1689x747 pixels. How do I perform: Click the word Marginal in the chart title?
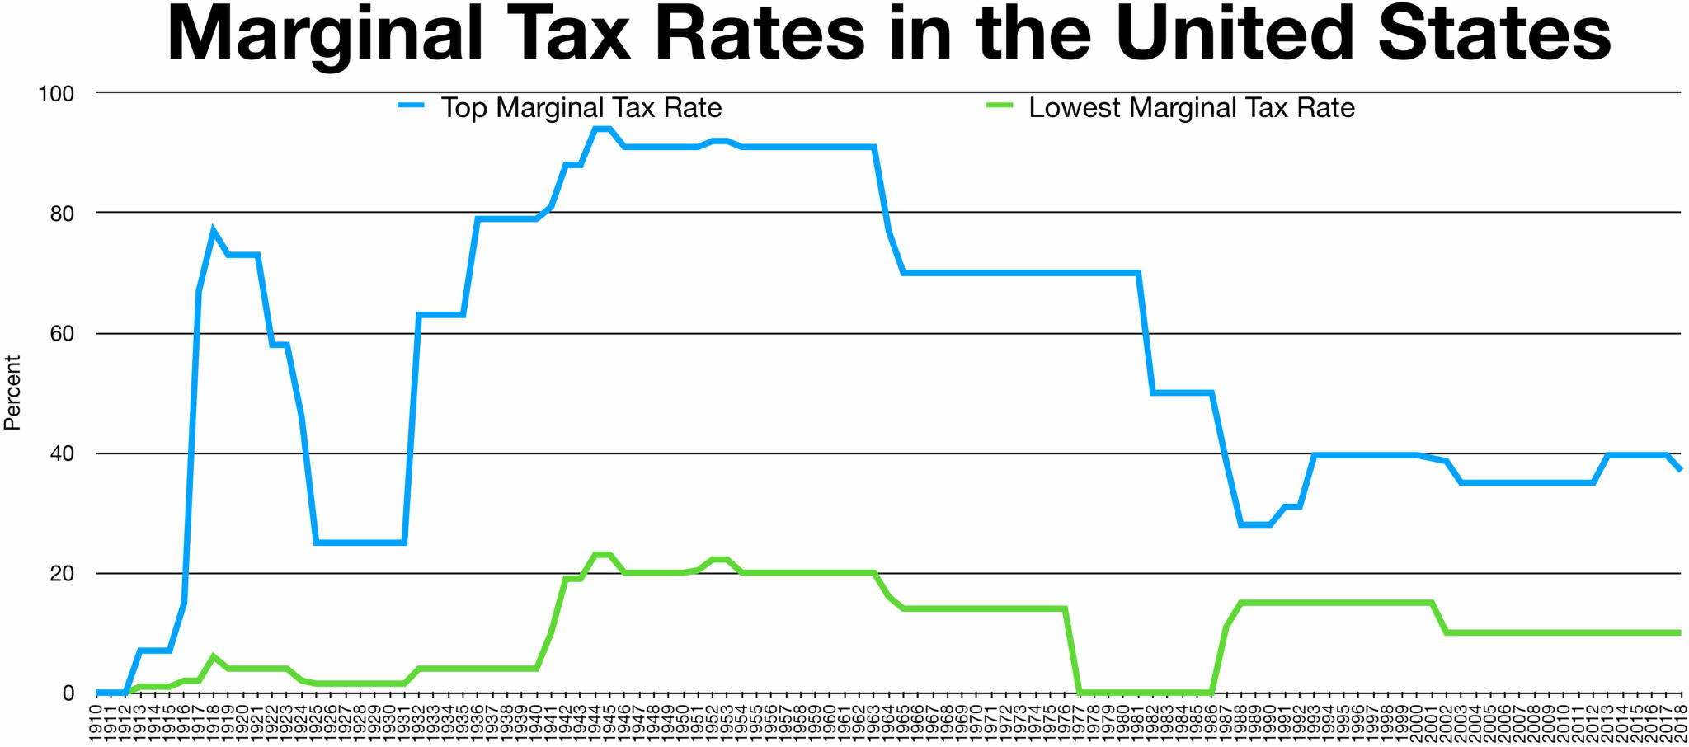pyautogui.click(x=325, y=35)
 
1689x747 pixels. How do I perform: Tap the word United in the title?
pyautogui.click(x=1236, y=35)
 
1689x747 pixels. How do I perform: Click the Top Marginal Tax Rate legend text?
pyautogui.click(x=581, y=108)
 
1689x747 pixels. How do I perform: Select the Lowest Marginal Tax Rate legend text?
pyautogui.click(x=1192, y=108)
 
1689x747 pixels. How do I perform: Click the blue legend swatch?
pyautogui.click(x=411, y=106)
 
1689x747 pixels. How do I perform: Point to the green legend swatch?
pyautogui.click(x=999, y=106)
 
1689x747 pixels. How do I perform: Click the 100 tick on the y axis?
pyautogui.click(x=56, y=94)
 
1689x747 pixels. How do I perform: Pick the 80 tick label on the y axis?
pyautogui.click(x=62, y=214)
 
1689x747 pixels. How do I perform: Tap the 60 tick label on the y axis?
pyautogui.click(x=62, y=334)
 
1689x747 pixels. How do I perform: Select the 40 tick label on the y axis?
pyautogui.click(x=62, y=453)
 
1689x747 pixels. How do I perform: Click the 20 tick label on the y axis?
pyautogui.click(x=62, y=574)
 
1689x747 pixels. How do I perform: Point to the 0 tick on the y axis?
pyautogui.click(x=68, y=693)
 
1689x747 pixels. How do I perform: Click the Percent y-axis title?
pyautogui.click(x=12, y=392)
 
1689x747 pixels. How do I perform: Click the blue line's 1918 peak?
pyautogui.click(x=214, y=231)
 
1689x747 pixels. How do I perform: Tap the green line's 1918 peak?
pyautogui.click(x=214, y=657)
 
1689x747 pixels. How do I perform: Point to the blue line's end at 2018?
pyautogui.click(x=1680, y=469)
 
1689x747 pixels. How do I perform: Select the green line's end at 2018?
pyautogui.click(x=1680, y=632)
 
